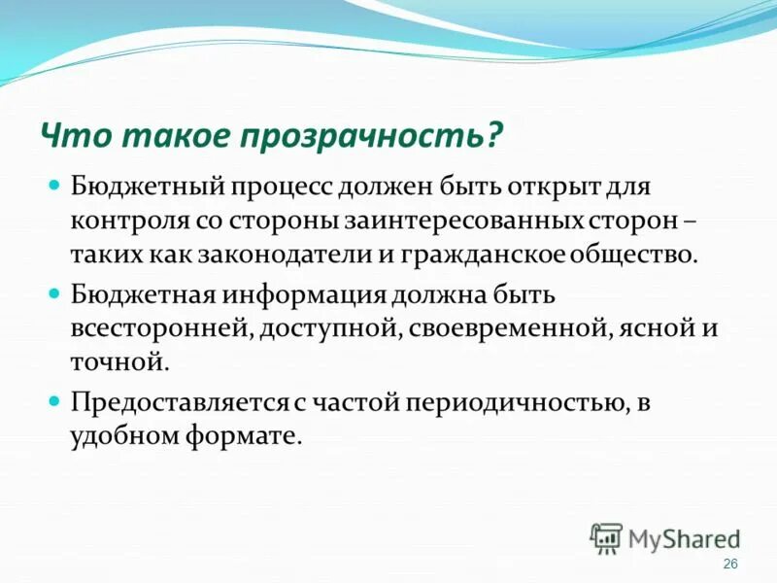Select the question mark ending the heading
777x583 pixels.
pos(495,135)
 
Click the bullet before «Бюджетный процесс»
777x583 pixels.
pos(55,184)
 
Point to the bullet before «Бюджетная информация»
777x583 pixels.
pos(55,291)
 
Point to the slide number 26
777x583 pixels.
pos(731,566)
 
